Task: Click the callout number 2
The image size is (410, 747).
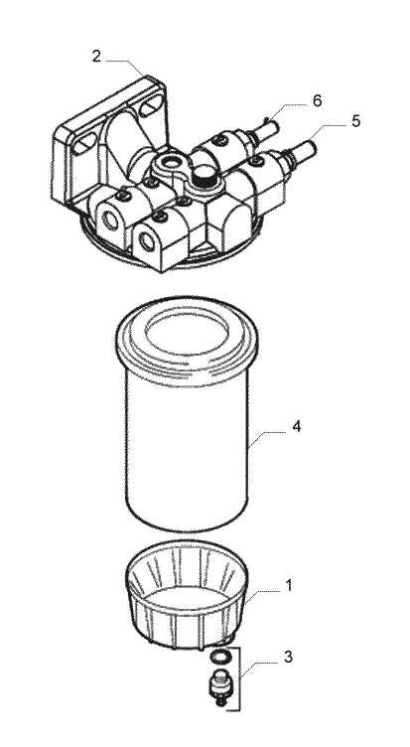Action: (96, 57)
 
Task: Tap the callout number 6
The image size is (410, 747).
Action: (317, 100)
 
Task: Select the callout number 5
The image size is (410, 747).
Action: (356, 121)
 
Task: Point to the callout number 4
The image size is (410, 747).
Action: (297, 426)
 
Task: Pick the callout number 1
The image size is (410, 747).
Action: (289, 585)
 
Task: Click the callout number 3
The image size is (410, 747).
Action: (288, 657)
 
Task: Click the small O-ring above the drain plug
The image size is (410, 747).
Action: (221, 657)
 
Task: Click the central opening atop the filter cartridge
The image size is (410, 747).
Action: (187, 334)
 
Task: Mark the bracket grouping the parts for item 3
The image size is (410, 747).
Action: (239, 678)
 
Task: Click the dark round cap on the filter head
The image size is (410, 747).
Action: (205, 175)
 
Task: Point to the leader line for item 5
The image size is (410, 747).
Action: (328, 133)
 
